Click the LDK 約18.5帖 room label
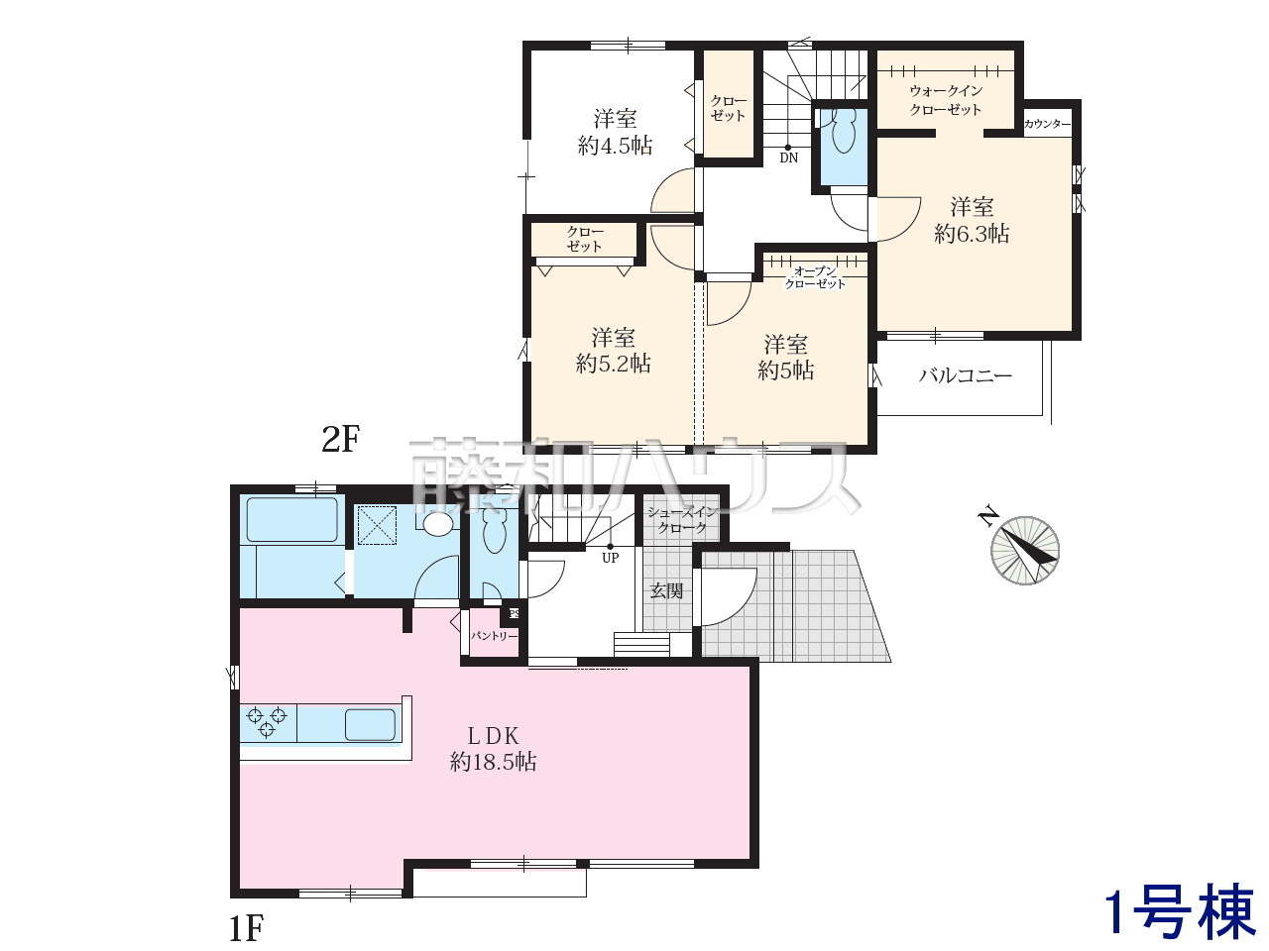(x=493, y=749)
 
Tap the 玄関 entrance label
(x=666, y=590)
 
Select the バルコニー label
(x=966, y=375)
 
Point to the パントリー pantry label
(x=493, y=636)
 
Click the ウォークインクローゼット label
(x=946, y=100)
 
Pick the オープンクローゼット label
(x=815, y=277)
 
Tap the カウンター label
(x=1047, y=124)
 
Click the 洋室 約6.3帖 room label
(x=972, y=220)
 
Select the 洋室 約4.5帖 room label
(x=615, y=132)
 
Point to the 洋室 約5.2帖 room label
(x=614, y=351)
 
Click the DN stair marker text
(x=788, y=158)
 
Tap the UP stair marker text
(x=611, y=558)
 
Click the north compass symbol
(x=1024, y=549)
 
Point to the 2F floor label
(x=341, y=439)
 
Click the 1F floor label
(x=246, y=928)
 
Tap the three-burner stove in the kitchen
(x=267, y=722)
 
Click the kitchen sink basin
(x=371, y=725)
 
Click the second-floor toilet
(x=841, y=131)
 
